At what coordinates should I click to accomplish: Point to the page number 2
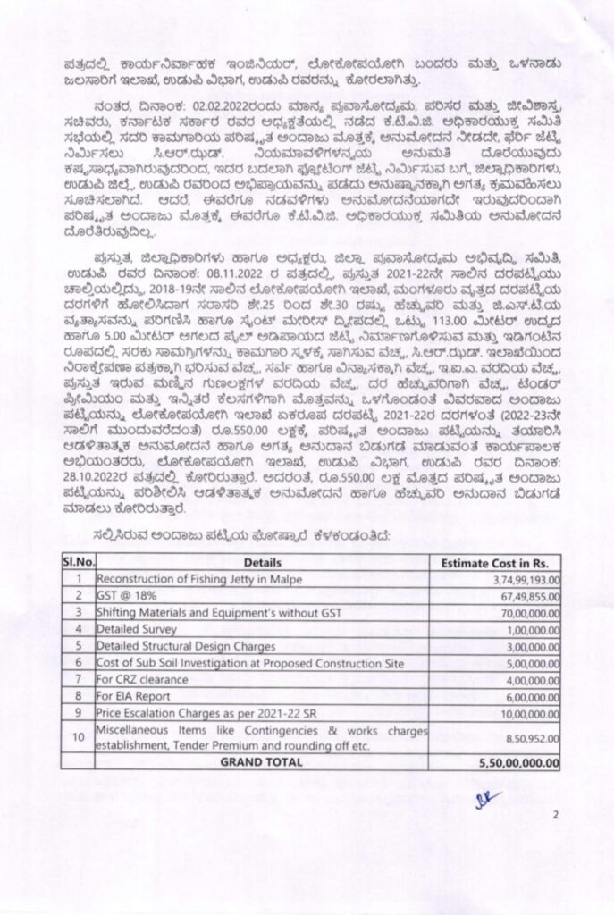point(555,815)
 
